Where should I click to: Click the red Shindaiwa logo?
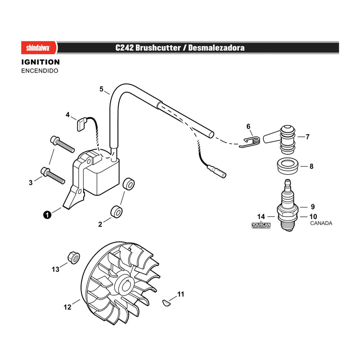click(39, 48)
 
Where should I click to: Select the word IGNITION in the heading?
click(40, 62)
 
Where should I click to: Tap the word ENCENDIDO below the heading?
click(40, 71)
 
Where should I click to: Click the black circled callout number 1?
click(47, 215)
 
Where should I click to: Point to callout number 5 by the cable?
click(102, 89)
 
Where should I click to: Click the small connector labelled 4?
click(81, 124)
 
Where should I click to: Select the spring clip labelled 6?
click(250, 142)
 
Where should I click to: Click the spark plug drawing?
click(288, 206)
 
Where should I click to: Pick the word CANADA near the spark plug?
click(321, 223)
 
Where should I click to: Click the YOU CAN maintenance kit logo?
click(261, 225)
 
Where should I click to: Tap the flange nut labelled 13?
click(74, 257)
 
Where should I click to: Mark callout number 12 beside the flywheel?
click(67, 307)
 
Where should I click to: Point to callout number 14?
click(261, 216)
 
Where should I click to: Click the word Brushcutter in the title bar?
click(158, 48)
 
